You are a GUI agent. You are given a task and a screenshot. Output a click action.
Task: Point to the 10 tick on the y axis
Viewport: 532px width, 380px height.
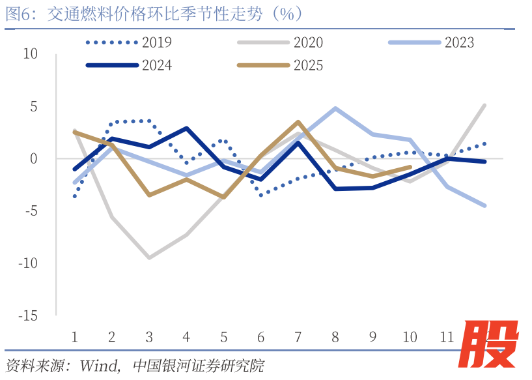(x=31, y=53)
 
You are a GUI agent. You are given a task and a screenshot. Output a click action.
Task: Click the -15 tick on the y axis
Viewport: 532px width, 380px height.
(x=28, y=315)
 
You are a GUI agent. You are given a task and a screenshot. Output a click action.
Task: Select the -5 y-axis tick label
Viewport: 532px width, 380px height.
(x=31, y=211)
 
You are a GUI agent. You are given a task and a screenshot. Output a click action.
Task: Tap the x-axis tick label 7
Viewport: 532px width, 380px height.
(x=298, y=337)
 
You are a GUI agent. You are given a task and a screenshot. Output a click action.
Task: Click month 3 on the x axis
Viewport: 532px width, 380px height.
(x=149, y=337)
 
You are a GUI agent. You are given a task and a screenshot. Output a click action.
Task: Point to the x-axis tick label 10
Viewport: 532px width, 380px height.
(x=410, y=337)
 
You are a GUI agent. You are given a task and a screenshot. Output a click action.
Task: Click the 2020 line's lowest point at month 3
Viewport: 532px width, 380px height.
(x=149, y=258)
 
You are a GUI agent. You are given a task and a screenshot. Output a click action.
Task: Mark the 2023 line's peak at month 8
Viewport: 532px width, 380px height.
(x=335, y=108)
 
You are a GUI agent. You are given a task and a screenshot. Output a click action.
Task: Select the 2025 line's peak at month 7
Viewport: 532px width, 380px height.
(x=298, y=122)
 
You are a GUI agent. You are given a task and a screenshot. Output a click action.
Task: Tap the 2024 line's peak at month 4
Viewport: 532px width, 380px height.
(x=187, y=128)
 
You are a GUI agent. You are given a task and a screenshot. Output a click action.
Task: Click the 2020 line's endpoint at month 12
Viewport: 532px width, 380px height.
(x=484, y=105)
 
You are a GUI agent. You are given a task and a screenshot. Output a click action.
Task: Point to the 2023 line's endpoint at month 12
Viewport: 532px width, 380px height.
(x=484, y=205)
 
